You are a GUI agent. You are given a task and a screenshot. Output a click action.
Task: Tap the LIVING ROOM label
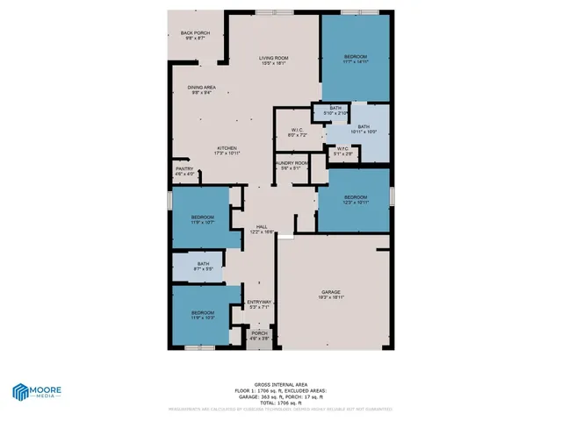(274, 58)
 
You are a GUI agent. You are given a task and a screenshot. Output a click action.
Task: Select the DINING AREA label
(201, 88)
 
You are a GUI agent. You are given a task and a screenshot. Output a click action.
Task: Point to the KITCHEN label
(227, 148)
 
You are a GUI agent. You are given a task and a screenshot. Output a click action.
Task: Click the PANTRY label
(184, 168)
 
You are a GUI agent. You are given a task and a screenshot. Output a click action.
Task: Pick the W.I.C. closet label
(297, 130)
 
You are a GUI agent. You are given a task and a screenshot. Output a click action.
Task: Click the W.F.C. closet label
(343, 148)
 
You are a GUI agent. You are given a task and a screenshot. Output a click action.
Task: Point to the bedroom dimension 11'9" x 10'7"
(203, 222)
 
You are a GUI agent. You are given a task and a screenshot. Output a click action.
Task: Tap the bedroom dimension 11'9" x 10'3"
(203, 318)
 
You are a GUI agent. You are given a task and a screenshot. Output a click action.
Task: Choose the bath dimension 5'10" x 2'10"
(335, 113)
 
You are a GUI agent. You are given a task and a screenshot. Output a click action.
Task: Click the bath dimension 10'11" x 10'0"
(363, 132)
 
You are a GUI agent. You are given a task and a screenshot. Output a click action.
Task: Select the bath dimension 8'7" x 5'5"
(203, 268)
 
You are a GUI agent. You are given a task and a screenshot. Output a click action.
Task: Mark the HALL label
(262, 226)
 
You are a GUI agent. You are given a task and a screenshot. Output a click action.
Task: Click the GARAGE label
(330, 292)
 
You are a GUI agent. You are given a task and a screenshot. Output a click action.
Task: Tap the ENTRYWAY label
(259, 302)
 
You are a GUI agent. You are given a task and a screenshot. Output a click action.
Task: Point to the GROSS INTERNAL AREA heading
(280, 383)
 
